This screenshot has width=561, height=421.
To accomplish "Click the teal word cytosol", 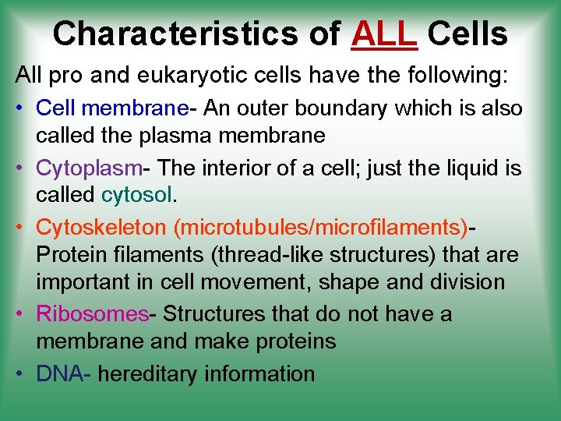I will point(136,195).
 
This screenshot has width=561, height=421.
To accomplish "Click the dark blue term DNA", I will point(59,373).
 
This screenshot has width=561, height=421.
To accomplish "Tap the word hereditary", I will point(147,373).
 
